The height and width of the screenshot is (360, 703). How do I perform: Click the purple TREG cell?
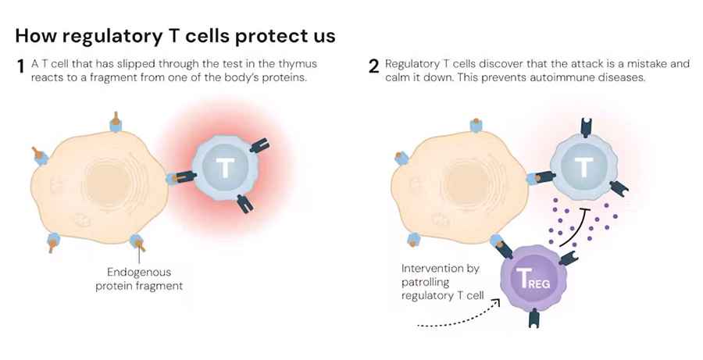(533, 279)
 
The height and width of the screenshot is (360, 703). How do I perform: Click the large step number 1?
(20, 67)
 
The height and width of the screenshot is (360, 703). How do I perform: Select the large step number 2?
(373, 67)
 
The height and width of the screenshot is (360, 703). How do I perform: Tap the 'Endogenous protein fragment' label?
(139, 279)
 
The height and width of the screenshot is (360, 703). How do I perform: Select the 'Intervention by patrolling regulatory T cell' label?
(442, 282)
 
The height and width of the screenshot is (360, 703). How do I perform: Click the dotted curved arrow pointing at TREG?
(462, 319)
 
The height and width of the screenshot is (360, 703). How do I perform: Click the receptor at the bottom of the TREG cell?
(533, 319)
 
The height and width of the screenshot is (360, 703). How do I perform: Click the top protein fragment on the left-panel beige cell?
(116, 122)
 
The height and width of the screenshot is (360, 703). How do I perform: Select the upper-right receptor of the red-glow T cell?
(259, 146)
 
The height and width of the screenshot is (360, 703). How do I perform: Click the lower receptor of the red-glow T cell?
(244, 203)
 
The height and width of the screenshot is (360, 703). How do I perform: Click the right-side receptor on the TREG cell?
(568, 258)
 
